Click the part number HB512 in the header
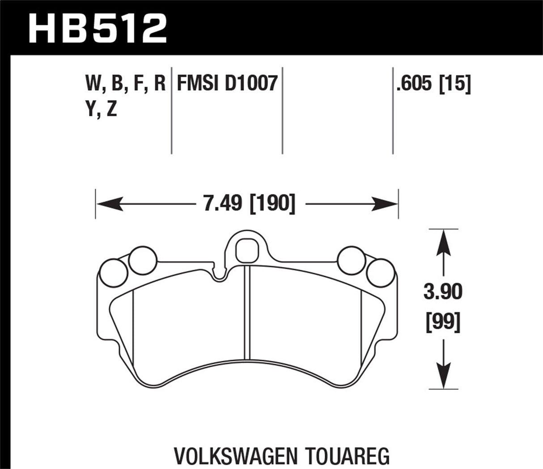[x=98, y=28]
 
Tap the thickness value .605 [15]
[x=433, y=84]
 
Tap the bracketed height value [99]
[x=443, y=322]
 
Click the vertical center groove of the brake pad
[x=247, y=313]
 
